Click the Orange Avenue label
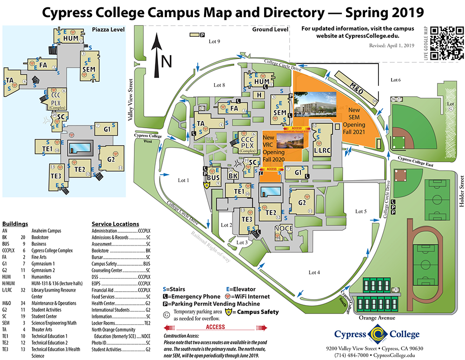pyautogui.click(x=377, y=318)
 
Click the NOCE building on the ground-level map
pyautogui.click(x=284, y=229)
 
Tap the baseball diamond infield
pyautogui.click(x=399, y=141)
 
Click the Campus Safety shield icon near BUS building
pyautogui.click(x=207, y=185)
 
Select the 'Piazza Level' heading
pyautogui.click(x=108, y=30)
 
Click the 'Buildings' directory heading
pyautogui.click(x=15, y=223)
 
